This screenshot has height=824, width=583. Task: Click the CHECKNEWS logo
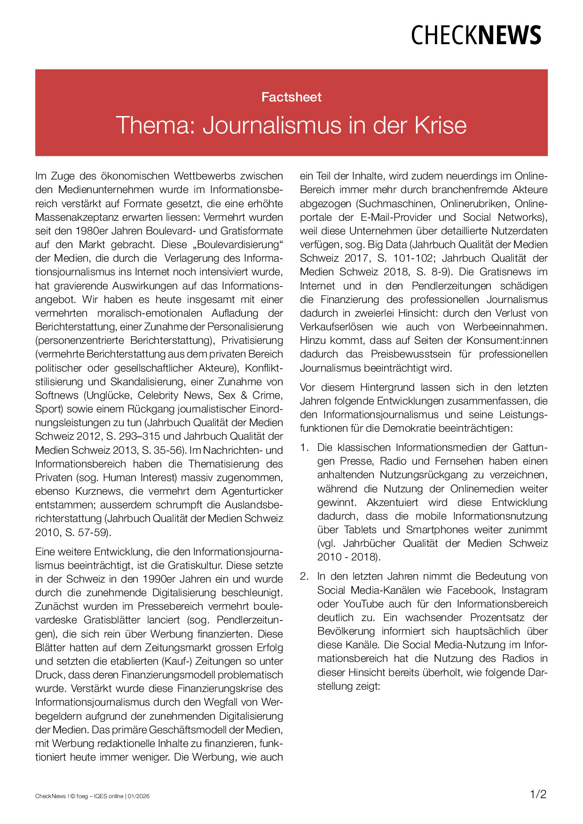[x=476, y=36]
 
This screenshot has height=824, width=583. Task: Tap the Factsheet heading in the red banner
[x=291, y=97]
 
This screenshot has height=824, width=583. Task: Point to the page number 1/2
[x=538, y=794]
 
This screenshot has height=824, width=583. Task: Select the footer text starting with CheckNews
[x=92, y=796]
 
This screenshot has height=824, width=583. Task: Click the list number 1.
[x=304, y=448]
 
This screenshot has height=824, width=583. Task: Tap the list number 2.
[x=304, y=576]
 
